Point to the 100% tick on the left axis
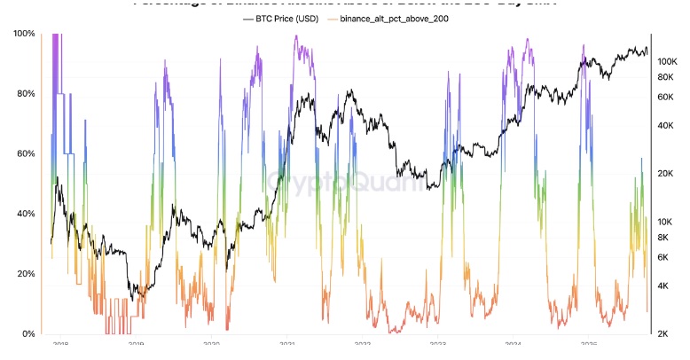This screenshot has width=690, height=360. [25, 34]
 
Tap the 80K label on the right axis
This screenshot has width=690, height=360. [668, 77]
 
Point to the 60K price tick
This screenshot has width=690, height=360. [668, 97]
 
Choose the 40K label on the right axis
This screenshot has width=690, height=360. [668, 126]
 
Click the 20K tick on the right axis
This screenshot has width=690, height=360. [668, 174]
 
